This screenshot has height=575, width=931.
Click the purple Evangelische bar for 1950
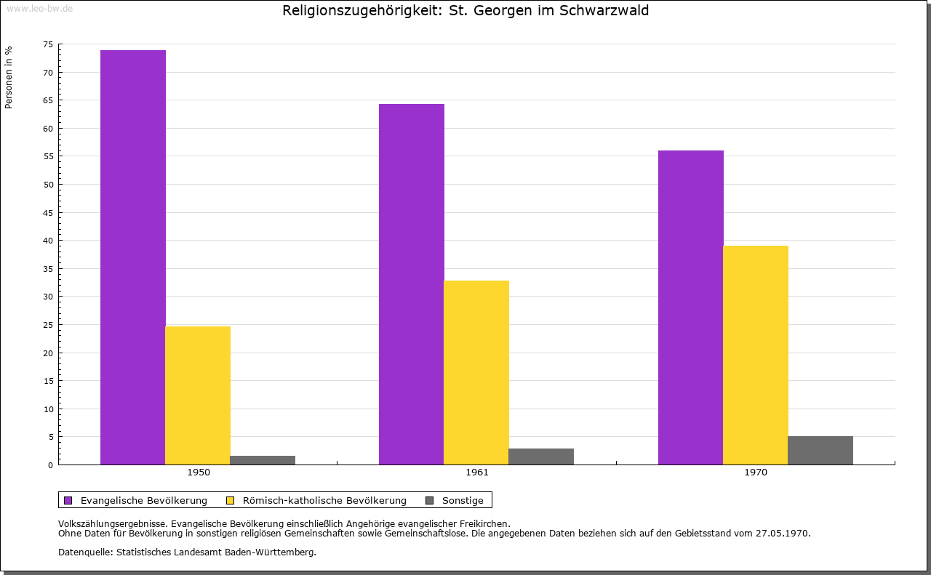133,257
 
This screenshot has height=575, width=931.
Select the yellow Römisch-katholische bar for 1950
198,395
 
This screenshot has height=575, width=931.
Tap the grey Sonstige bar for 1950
263,460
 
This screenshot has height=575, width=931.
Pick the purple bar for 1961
412,284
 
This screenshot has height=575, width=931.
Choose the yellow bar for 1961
476,372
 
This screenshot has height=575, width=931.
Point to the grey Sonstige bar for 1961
541,457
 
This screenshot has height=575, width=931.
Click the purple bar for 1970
691,307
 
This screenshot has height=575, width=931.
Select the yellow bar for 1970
756,355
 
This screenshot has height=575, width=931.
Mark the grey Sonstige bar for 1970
820,450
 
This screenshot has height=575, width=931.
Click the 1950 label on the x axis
199,473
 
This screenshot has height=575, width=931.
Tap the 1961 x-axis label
477,473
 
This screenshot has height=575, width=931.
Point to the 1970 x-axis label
756,473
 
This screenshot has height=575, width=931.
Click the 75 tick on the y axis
48,45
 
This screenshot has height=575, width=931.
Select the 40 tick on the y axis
48,241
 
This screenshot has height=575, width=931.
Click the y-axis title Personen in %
9,77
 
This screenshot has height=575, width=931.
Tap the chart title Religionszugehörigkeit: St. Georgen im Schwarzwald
465,10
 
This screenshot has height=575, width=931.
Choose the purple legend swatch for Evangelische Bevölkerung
68,500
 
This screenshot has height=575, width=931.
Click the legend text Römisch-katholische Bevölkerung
324,500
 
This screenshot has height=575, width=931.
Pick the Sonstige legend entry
463,500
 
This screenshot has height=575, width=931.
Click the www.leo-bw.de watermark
39,8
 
